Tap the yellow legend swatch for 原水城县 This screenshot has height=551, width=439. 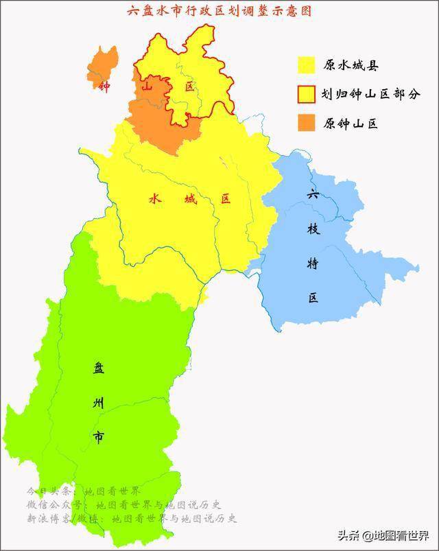point(306,65)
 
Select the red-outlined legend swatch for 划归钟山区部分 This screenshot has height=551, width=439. point(306,94)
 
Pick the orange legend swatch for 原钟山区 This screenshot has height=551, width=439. point(306,123)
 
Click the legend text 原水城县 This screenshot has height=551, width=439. point(351,66)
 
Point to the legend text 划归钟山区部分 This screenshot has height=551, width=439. point(371,95)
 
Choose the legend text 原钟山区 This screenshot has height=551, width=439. point(351,124)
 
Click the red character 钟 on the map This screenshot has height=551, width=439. point(104,87)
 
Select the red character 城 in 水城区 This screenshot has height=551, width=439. point(190,199)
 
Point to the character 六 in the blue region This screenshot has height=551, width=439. point(313,194)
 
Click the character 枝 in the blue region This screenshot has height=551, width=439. point(313,229)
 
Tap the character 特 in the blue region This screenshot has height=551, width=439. point(313,263)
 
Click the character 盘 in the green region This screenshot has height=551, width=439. point(99,369)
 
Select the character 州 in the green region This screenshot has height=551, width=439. point(99,403)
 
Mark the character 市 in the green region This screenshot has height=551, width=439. point(99,437)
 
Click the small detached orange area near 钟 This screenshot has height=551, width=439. point(103,62)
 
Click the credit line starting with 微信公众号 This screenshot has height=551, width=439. point(123,505)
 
